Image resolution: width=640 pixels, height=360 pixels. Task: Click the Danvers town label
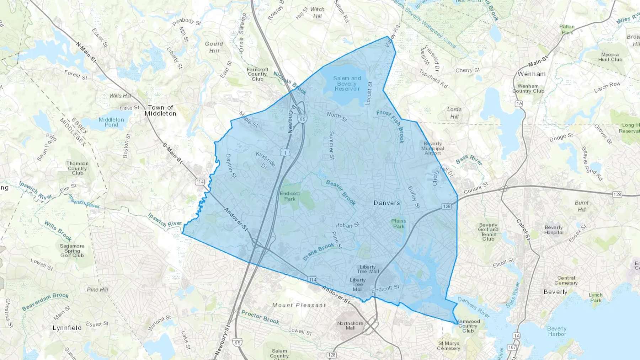tap(386, 203)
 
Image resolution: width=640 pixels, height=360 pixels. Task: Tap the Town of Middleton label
tap(160, 111)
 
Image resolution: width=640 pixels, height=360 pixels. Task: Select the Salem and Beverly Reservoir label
tap(347, 84)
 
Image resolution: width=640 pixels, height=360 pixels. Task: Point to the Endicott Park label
tap(290, 196)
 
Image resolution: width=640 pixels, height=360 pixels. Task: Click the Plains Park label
tap(399, 224)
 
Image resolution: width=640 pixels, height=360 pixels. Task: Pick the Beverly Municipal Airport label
tap(433, 149)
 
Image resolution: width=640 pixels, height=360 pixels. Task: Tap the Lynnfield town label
tap(67, 328)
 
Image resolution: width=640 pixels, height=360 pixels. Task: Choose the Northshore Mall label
tap(350, 326)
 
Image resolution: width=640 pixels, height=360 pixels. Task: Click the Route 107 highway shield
tap(512, 347)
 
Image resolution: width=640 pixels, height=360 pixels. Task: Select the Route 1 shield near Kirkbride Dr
tap(285, 152)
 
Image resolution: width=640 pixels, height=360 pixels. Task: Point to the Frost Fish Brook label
tap(391, 126)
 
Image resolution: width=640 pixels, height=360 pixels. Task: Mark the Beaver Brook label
tap(341, 193)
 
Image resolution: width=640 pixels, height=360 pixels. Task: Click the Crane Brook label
tap(319, 251)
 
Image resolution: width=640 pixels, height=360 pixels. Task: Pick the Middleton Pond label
tap(111, 122)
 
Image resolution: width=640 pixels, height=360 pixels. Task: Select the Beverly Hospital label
tap(554, 230)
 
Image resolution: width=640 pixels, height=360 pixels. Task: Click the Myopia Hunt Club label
tap(610, 57)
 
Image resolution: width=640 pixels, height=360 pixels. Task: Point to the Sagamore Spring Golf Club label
tap(72, 251)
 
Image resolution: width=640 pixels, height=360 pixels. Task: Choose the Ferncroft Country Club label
tap(257, 74)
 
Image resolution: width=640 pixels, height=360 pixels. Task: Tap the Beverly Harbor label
tap(557, 331)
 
